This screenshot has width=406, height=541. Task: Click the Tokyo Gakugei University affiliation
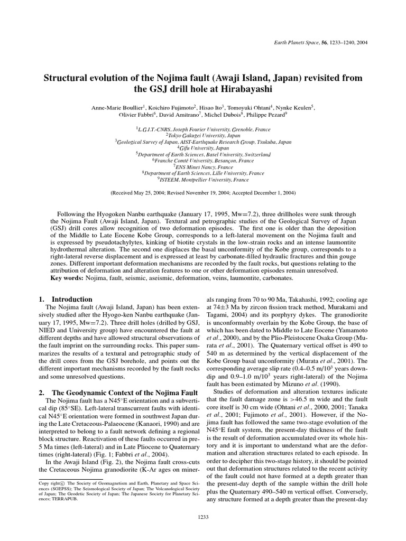point(203,135)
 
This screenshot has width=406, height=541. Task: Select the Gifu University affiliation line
point(203,148)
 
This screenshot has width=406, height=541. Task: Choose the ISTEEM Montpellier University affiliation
point(203,179)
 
